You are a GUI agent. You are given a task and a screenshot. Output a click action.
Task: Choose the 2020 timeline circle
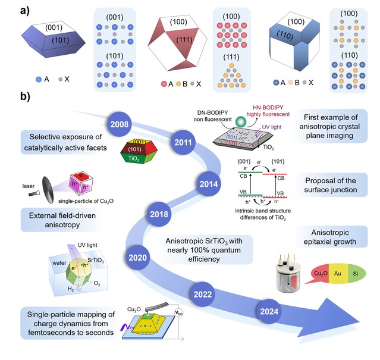(138, 258)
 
